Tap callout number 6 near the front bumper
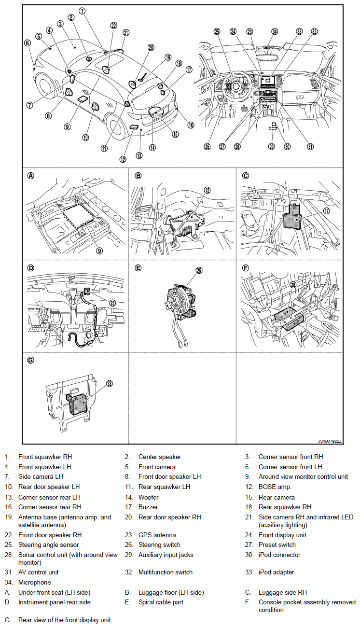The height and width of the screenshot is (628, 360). click(x=28, y=42)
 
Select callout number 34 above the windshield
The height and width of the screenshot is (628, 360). click(x=274, y=32)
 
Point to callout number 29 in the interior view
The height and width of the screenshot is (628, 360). click(x=271, y=147)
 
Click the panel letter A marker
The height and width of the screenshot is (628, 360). click(x=31, y=176)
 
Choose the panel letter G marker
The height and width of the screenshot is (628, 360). click(x=31, y=361)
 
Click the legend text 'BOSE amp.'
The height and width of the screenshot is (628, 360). click(x=273, y=487)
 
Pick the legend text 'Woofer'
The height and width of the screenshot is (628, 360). click(x=148, y=497)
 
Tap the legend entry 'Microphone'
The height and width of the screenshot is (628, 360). click(x=34, y=583)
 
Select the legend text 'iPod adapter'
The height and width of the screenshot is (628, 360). click(x=276, y=572)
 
